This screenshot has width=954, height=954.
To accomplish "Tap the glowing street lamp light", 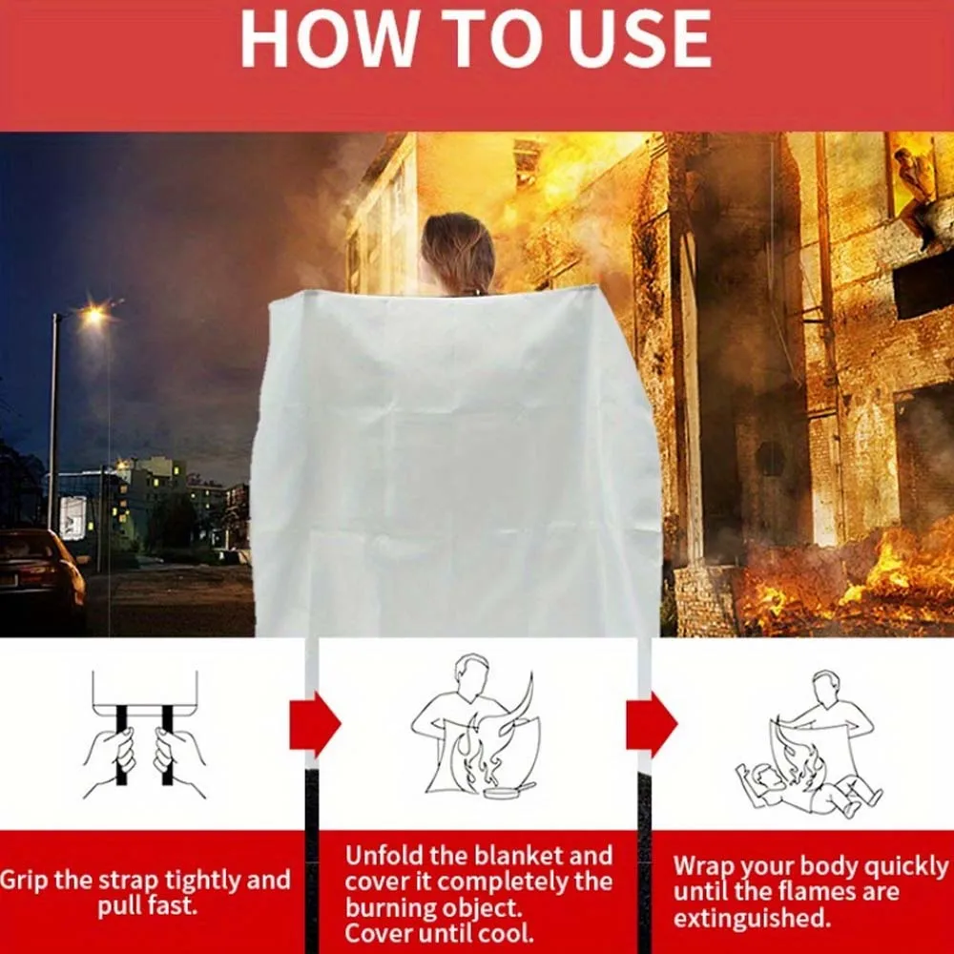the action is [x=93, y=315].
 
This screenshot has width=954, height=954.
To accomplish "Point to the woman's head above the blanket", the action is [x=458, y=253].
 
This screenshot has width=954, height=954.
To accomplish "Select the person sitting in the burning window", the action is [x=916, y=192].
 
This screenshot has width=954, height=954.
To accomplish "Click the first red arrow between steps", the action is [x=315, y=725].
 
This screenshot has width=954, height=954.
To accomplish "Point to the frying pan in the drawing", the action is [x=508, y=790].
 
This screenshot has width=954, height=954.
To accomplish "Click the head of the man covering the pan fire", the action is [x=472, y=674].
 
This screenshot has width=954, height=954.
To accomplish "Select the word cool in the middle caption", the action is [x=509, y=933].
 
